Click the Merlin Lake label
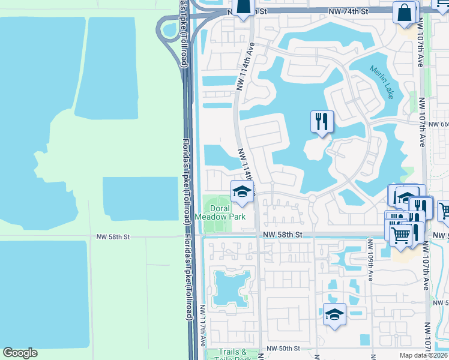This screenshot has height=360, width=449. [x=381, y=82]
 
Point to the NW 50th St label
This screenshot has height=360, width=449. [x=283, y=349]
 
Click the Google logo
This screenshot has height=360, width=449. [x=20, y=353]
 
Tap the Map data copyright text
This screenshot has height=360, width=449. [x=424, y=355]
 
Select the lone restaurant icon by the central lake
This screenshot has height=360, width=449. [x=322, y=122]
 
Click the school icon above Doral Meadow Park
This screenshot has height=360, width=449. [x=242, y=191]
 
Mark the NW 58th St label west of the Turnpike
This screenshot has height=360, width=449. [x=113, y=237]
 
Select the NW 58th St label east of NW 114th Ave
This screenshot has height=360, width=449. [x=282, y=235]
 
